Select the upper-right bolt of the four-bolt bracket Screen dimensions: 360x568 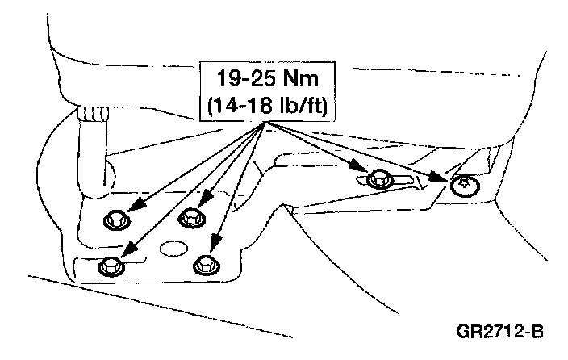(x=191, y=216)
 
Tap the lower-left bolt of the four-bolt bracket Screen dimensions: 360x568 (x=107, y=266)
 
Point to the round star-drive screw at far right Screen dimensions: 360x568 (x=463, y=186)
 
